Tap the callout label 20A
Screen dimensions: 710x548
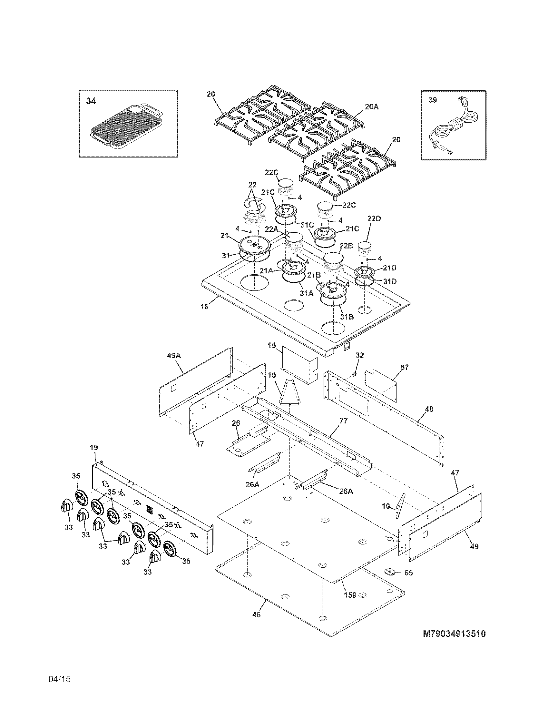[372, 106]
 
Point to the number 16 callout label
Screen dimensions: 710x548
[204, 306]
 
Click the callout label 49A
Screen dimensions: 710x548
[173, 355]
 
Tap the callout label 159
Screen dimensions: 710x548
[350, 595]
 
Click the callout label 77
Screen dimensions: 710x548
[343, 421]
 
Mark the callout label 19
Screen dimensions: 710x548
[93, 447]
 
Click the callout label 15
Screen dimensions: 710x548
[272, 345]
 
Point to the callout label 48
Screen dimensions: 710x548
[429, 409]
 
